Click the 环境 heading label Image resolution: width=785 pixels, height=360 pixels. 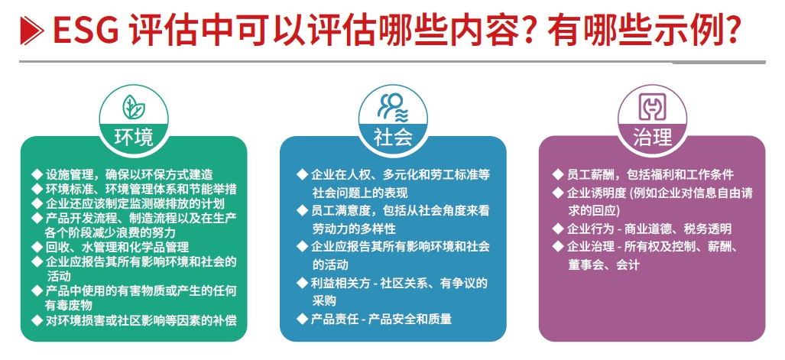133,137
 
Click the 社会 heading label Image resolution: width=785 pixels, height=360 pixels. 392,137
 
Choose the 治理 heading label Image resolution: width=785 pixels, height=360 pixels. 652,137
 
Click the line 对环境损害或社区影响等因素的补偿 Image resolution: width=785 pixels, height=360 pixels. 141,320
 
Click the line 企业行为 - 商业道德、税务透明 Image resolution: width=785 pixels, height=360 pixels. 648,229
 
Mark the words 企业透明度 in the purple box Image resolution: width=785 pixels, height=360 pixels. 598,193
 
